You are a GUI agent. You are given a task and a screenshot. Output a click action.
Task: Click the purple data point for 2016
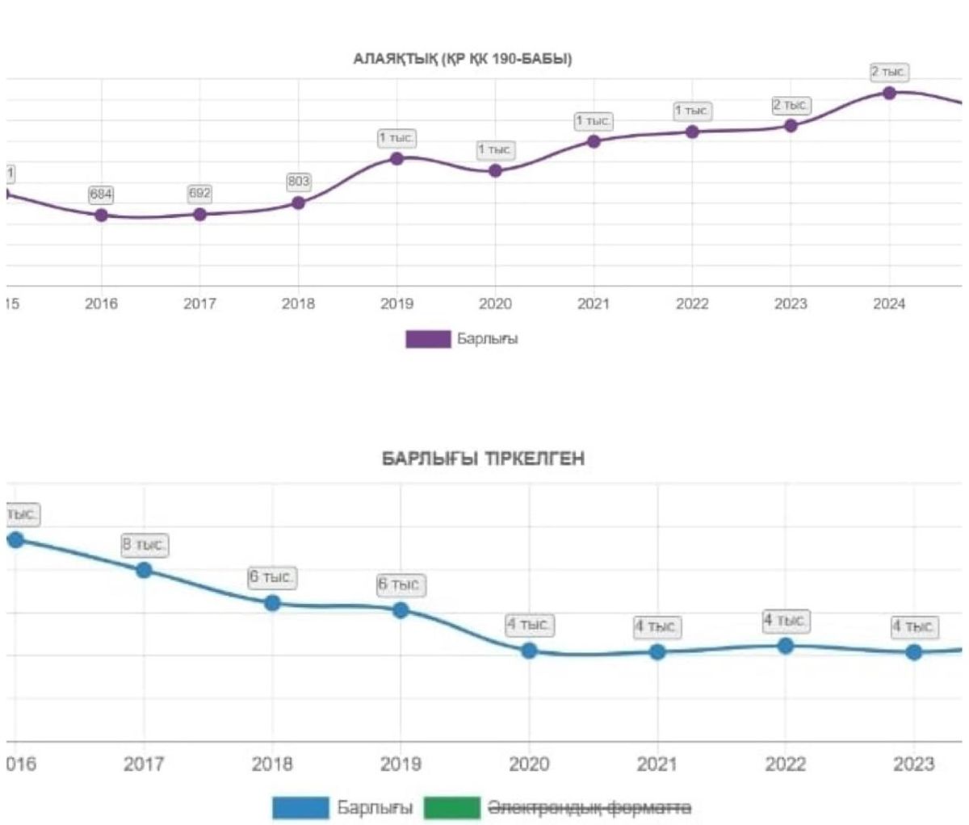101,216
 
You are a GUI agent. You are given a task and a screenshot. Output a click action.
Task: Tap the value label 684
101,195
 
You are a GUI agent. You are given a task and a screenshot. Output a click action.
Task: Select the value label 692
199,194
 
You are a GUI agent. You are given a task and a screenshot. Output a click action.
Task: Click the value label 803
299,182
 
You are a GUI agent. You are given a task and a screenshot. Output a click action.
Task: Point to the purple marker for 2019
396,158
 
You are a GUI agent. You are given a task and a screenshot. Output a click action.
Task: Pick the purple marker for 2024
889,93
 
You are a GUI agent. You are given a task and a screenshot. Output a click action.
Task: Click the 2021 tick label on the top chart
594,304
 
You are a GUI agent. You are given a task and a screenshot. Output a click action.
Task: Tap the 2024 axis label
889,304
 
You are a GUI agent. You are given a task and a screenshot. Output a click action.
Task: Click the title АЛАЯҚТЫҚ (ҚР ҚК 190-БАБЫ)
463,59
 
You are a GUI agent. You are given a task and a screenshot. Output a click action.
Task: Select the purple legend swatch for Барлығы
428,339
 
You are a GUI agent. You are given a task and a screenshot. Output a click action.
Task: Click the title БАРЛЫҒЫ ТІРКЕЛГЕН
483,459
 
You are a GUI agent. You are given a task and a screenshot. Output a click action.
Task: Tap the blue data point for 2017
144,570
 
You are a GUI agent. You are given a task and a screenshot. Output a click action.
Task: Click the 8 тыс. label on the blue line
145,545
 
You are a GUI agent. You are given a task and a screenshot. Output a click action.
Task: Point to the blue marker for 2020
529,651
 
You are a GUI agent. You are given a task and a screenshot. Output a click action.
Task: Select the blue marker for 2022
785,646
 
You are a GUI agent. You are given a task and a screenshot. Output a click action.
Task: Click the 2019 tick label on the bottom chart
401,764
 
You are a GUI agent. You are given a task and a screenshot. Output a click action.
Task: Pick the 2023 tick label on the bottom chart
913,764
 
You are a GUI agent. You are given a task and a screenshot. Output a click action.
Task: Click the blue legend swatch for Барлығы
300,807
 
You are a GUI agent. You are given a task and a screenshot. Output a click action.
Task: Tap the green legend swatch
452,807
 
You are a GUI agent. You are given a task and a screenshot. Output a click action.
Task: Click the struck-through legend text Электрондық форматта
589,807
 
